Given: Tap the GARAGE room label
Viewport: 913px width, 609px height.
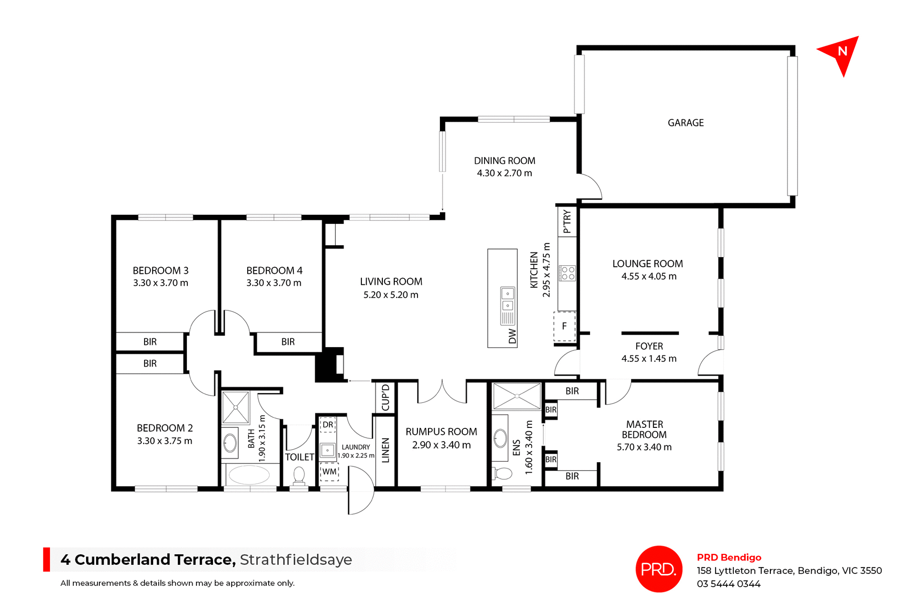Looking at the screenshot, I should tap(685, 123).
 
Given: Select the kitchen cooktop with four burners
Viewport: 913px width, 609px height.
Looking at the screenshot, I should tap(567, 273).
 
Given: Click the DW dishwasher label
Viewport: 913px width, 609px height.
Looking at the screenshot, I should tap(512, 336).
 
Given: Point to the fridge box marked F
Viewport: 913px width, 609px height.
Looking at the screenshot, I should tap(564, 326).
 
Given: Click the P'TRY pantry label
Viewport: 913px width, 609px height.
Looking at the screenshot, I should tap(567, 222).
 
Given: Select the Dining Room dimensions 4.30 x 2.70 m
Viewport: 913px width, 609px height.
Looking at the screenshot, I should tap(504, 173).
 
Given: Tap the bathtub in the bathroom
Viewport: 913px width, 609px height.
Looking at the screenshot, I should tap(249, 474).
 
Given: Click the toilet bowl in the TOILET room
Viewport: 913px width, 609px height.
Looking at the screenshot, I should tap(299, 474).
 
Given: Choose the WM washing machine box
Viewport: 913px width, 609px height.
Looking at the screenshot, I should tap(329, 472).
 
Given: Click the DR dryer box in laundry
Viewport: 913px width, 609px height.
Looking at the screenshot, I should tap(328, 425).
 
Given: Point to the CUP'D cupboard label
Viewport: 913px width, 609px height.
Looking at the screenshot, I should tap(385, 397).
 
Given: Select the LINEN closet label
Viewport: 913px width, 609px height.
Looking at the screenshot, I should tap(385, 450).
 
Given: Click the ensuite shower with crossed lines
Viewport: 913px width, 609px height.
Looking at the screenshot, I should tap(516, 396).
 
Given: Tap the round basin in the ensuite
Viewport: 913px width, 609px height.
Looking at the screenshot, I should tap(500, 438).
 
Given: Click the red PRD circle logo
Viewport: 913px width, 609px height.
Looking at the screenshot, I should tap(659, 569).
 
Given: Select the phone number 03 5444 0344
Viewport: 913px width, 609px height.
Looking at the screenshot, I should tap(728, 584).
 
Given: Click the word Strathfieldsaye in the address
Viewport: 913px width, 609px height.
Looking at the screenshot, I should tap(296, 560).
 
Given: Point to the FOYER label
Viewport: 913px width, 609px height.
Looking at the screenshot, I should tap(649, 346).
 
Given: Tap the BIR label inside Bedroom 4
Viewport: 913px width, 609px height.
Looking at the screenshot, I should tap(288, 342).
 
